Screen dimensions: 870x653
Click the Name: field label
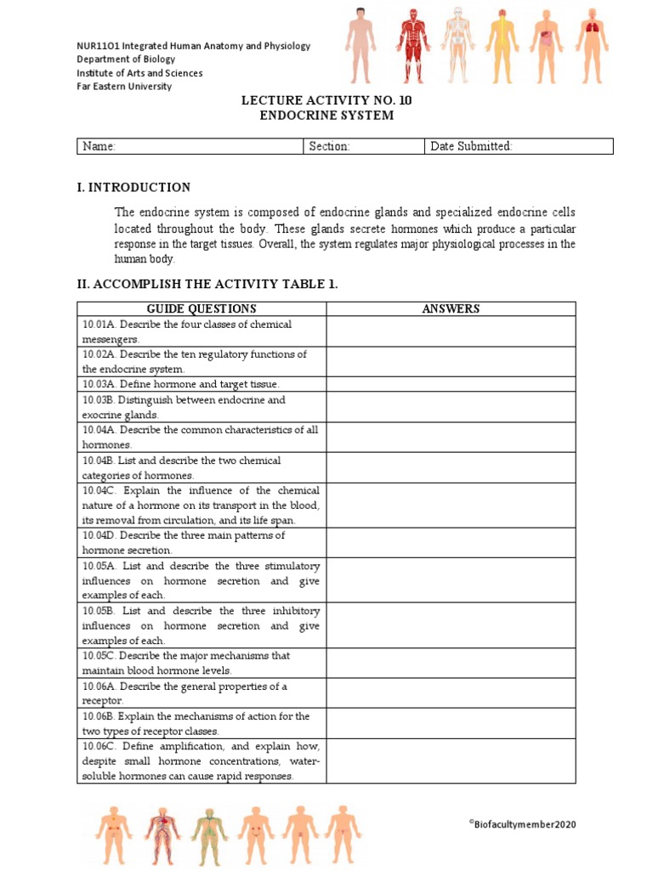click(x=99, y=146)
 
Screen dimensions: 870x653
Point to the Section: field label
click(x=329, y=146)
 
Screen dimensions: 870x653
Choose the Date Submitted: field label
click(x=471, y=146)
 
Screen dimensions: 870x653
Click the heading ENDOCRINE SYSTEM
click(x=326, y=116)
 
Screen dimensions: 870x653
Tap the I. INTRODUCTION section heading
click(x=133, y=187)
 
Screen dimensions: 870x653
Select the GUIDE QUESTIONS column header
click(x=202, y=308)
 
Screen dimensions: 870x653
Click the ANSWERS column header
click(x=451, y=308)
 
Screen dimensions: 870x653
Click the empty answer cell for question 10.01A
click(x=451, y=331)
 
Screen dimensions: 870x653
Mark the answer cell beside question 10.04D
click(x=451, y=542)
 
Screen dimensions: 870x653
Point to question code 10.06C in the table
click(x=101, y=746)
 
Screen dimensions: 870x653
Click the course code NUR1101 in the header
click(x=99, y=46)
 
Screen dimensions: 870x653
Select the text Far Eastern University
click(x=124, y=87)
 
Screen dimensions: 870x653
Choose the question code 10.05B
click(x=99, y=611)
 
